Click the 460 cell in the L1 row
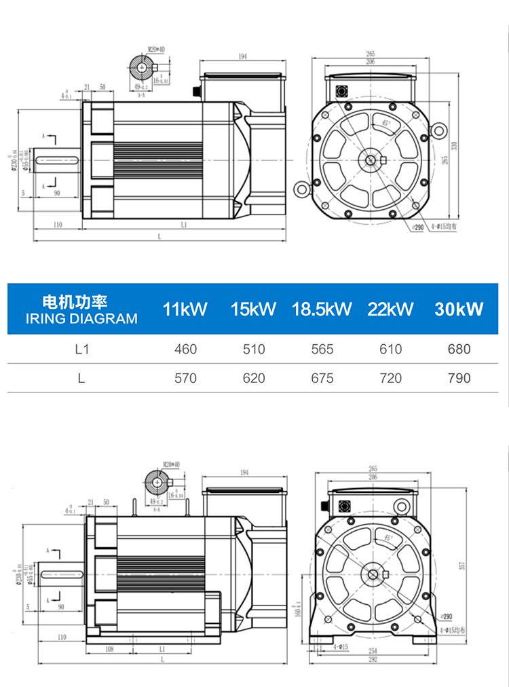[x=185, y=350]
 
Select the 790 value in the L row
[x=459, y=378]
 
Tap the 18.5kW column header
[x=322, y=310]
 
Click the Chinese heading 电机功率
[x=75, y=301]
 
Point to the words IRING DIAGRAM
[x=81, y=318]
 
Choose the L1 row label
[x=82, y=350]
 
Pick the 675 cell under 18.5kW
[x=322, y=378]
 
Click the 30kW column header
[x=459, y=310]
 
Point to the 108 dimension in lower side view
[x=109, y=650]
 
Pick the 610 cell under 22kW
[x=390, y=350]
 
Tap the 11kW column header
[x=185, y=310]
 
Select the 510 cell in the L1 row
[x=254, y=350]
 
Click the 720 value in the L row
[x=390, y=378]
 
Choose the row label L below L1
[x=81, y=378]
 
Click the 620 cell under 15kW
[x=254, y=378]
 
